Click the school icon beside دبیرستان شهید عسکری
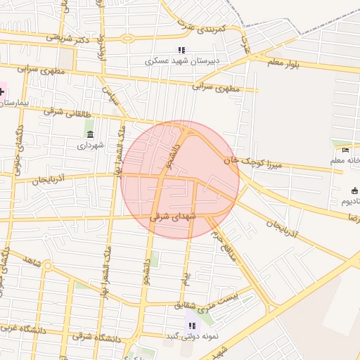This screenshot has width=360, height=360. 181,50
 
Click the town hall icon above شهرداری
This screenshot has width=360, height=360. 89,134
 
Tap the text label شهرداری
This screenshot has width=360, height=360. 91,146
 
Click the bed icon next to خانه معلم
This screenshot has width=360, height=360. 345,150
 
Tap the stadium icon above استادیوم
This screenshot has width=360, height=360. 354,191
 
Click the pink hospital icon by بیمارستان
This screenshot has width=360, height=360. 2,91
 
